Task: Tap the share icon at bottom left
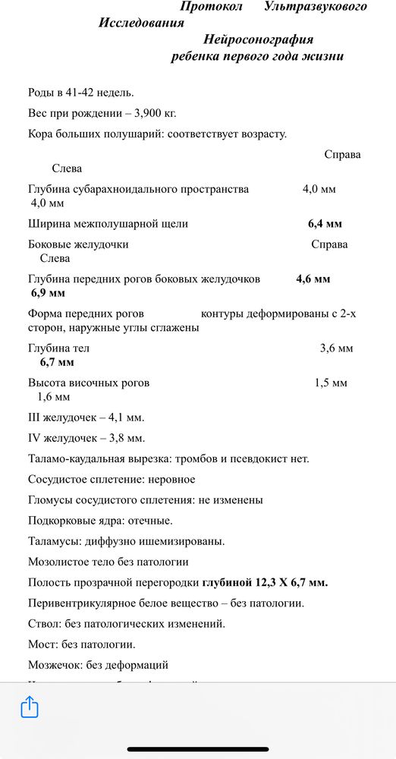30,707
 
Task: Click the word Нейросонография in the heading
258,39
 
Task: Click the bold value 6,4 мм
325,224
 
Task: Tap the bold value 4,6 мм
313,279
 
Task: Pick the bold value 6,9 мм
48,293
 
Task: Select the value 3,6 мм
337,348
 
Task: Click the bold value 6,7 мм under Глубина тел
57,362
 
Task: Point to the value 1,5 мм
331,383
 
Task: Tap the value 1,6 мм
53,397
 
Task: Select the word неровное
171,480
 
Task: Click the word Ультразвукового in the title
316,6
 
